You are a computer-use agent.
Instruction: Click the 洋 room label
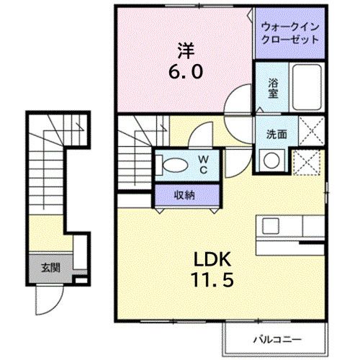pos(186,51)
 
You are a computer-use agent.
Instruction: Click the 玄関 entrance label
pos(50,268)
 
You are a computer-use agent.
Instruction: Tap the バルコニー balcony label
pos(277,338)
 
